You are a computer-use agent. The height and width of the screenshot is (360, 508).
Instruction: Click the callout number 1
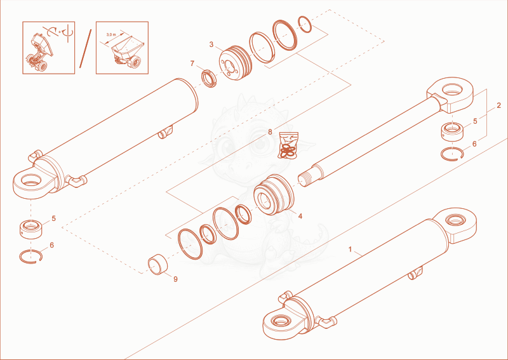click(350, 249)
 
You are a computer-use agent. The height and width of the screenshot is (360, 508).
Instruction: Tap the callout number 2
click(498, 105)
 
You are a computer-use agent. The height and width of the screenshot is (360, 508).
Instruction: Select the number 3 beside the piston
click(211, 44)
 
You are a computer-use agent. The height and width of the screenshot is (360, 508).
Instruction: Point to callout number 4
click(300, 216)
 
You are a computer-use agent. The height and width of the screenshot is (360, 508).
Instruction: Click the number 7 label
click(192, 63)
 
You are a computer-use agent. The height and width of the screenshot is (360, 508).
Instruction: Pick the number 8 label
click(270, 132)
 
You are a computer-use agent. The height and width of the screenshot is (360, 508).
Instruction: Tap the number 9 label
click(176, 279)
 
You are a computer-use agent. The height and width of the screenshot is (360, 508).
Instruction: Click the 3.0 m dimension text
click(110, 34)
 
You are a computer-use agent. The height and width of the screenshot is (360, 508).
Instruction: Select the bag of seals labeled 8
click(288, 146)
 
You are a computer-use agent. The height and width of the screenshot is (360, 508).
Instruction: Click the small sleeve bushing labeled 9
click(158, 264)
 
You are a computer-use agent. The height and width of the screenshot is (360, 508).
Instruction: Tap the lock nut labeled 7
click(210, 79)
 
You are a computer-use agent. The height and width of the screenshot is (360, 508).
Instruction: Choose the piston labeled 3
click(235, 62)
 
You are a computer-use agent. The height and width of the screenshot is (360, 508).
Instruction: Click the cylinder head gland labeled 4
click(274, 194)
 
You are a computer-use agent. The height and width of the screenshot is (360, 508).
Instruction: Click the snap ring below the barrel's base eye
click(30, 257)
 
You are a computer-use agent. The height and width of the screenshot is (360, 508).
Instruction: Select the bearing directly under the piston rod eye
click(452, 131)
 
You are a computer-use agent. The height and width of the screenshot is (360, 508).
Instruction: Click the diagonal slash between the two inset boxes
click(86, 49)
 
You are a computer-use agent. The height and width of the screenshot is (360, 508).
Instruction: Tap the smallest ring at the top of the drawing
click(305, 24)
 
